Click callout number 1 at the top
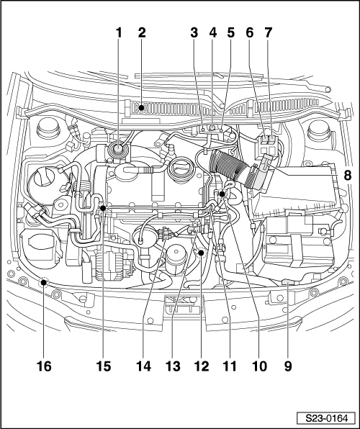[119, 33]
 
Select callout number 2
[142, 33]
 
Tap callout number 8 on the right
[348, 175]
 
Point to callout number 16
[44, 366]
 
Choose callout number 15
[104, 366]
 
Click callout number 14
[143, 366]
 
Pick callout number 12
[202, 366]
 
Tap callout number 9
[288, 366]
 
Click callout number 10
[259, 366]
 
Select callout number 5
[231, 33]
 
